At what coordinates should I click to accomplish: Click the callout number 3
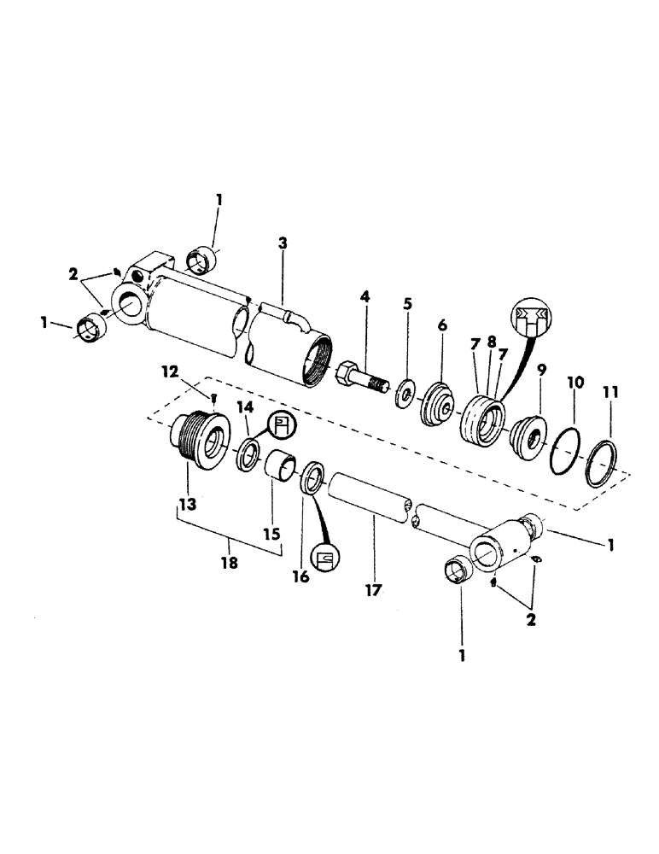[283, 243]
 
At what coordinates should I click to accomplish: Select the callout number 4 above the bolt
[364, 297]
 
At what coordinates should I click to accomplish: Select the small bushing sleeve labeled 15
[279, 471]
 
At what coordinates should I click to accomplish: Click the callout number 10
[576, 384]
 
